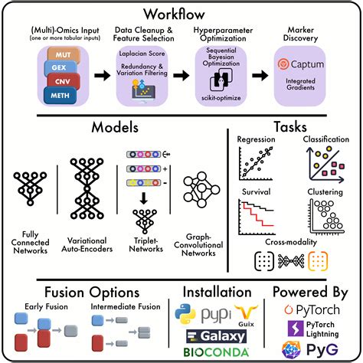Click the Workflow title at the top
pyautogui.click(x=181, y=15)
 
